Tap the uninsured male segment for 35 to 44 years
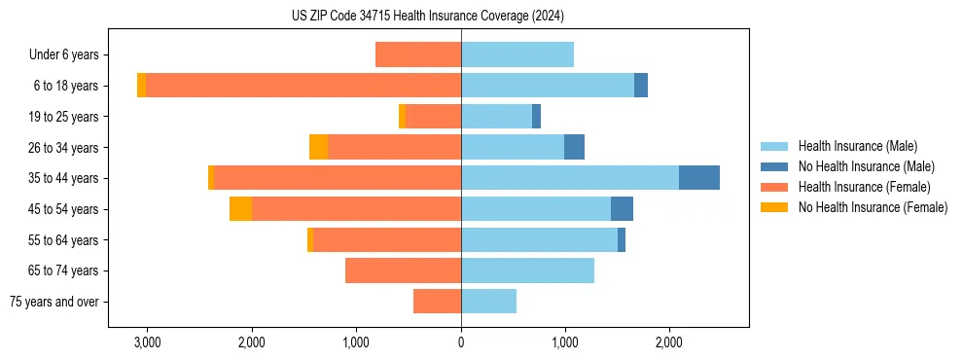pos(698,178)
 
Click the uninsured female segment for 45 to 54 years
pos(240,209)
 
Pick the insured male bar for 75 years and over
pos(488,302)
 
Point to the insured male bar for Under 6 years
pos(517,54)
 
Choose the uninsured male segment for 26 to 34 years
pos(574,147)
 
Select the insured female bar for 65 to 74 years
pos(403,270)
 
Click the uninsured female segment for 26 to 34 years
pos(318,147)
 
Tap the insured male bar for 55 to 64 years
pos(539,239)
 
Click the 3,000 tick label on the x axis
pos(147,343)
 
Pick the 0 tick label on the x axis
pos(461,343)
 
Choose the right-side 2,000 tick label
pos(669,343)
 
